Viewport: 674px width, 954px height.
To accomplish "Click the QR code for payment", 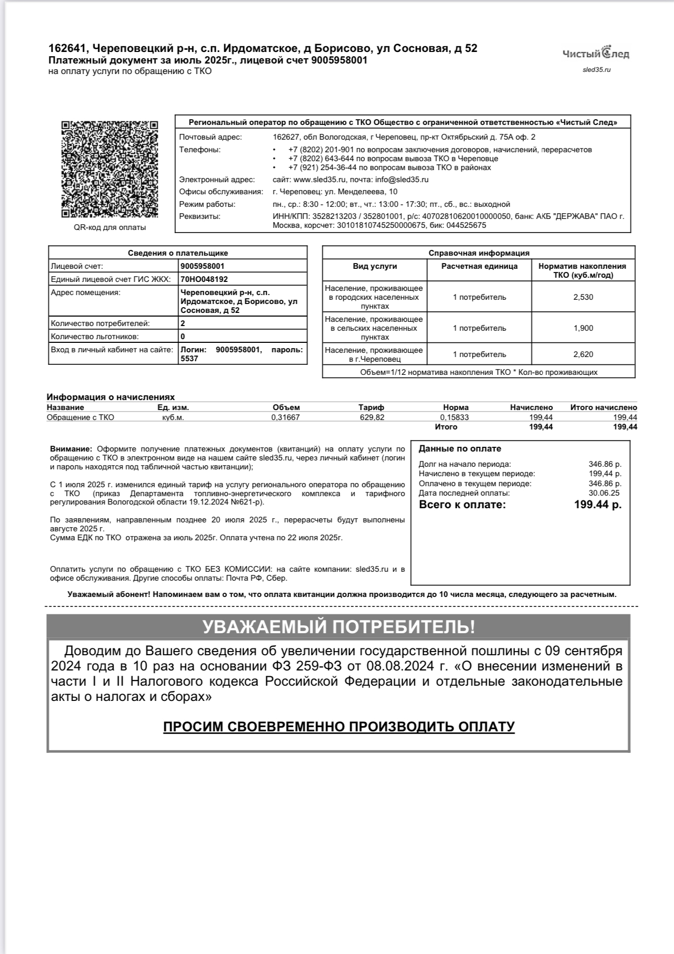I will (109, 169).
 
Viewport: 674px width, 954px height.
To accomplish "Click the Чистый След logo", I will (596, 53).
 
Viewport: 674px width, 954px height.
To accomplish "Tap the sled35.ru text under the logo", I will (596, 69).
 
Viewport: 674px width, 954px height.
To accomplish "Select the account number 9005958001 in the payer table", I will (203, 266).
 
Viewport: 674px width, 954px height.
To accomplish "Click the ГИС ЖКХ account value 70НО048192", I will (204, 279).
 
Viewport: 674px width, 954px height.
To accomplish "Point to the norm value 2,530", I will (583, 297).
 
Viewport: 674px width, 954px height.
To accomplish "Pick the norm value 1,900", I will (583, 328).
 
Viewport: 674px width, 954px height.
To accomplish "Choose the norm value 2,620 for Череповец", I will (583, 354).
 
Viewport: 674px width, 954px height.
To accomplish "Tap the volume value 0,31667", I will (286, 417).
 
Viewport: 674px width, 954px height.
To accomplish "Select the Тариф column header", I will (371, 407).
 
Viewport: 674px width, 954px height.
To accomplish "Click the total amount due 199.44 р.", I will (597, 505).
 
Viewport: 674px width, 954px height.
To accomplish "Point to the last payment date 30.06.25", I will (605, 493).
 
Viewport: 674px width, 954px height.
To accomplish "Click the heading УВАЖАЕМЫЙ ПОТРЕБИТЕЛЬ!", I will (339, 627).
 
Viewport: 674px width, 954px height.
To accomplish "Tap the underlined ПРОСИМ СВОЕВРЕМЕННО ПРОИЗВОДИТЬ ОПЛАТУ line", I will (339, 727).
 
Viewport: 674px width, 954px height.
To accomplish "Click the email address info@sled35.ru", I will (402, 180).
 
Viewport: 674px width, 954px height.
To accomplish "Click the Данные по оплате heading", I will (460, 449).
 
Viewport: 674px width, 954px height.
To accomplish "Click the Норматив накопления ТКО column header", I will (582, 270).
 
